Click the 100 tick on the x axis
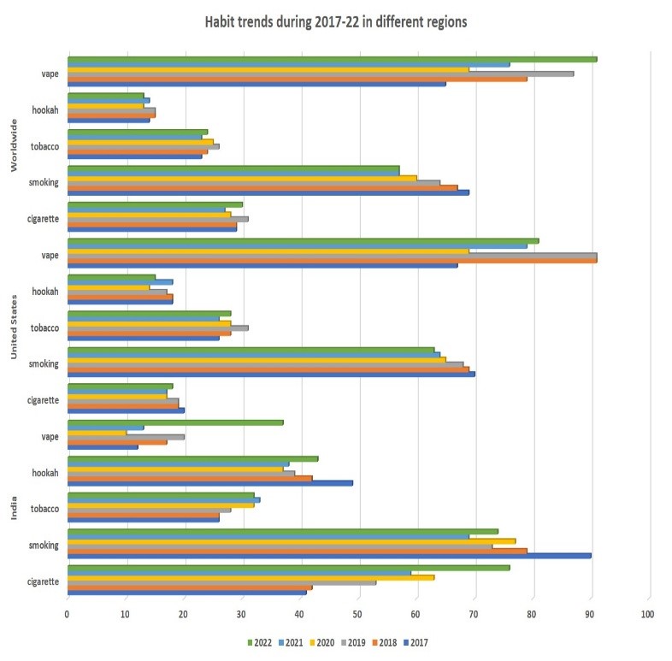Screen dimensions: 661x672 point(648,614)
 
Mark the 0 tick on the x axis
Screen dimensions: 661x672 point(68,614)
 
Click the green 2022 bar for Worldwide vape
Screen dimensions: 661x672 point(332,59)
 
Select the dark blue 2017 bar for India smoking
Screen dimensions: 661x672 point(329,555)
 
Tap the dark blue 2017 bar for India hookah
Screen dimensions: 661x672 point(209,482)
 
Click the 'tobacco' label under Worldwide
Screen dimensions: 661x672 point(45,146)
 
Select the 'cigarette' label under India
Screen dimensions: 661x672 point(42,581)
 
